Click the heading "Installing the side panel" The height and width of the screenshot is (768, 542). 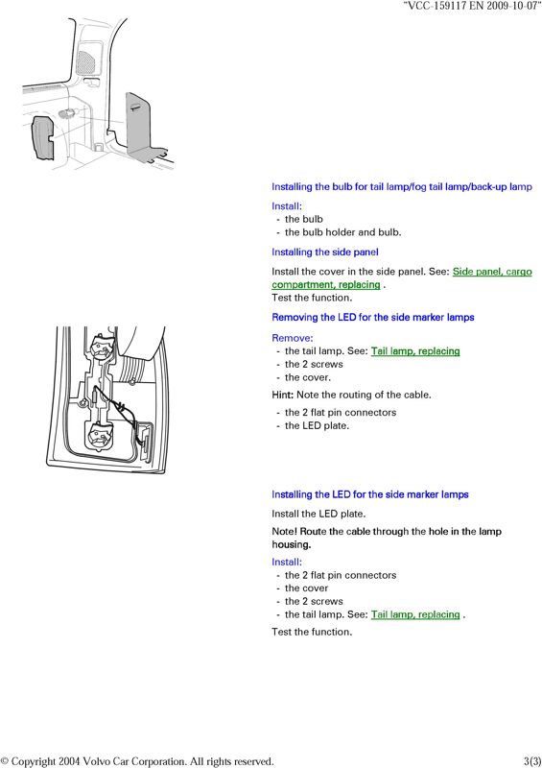(x=325, y=252)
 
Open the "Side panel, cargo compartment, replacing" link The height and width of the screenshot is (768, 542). (x=402, y=278)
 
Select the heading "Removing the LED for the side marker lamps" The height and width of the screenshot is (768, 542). (x=373, y=318)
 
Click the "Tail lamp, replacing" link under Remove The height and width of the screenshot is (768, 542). (x=415, y=351)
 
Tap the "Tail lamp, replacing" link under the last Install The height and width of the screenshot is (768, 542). (x=415, y=614)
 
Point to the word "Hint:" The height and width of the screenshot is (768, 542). (x=282, y=395)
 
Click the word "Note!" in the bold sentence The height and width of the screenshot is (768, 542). (x=284, y=532)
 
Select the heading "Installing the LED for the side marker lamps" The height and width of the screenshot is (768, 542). (x=370, y=494)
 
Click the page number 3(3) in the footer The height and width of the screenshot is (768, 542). (x=532, y=761)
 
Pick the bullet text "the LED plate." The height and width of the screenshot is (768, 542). (x=317, y=426)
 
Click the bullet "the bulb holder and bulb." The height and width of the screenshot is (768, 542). (x=342, y=232)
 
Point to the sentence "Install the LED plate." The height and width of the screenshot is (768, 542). (x=318, y=515)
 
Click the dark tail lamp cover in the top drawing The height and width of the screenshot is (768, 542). (x=42, y=138)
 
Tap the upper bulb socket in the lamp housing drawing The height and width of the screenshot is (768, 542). (x=102, y=348)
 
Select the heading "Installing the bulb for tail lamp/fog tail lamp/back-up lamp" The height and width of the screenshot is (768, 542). (x=402, y=187)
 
